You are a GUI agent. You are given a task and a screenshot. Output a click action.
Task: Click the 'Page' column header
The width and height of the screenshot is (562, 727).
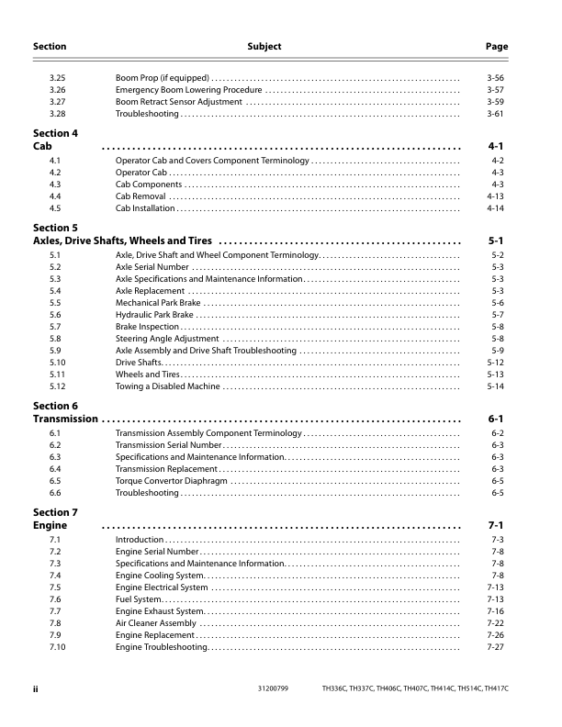496,46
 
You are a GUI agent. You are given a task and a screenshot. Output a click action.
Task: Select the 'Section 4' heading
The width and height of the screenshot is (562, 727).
55,133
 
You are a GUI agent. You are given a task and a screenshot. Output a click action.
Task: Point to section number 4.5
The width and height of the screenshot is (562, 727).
55,208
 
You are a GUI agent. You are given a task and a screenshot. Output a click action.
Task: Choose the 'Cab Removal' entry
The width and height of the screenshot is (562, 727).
140,196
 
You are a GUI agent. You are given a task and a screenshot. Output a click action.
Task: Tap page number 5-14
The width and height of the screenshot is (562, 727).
495,386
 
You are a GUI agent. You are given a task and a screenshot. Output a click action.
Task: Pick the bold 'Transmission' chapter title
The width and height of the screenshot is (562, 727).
65,419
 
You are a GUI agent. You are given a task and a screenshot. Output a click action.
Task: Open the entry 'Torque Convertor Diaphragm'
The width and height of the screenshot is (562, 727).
172,480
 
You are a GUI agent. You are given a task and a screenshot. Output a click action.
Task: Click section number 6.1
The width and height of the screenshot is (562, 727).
55,432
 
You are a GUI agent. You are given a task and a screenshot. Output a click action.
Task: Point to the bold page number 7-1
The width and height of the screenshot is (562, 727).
495,526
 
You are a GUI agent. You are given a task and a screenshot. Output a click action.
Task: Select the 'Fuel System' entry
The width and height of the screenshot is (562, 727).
139,599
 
